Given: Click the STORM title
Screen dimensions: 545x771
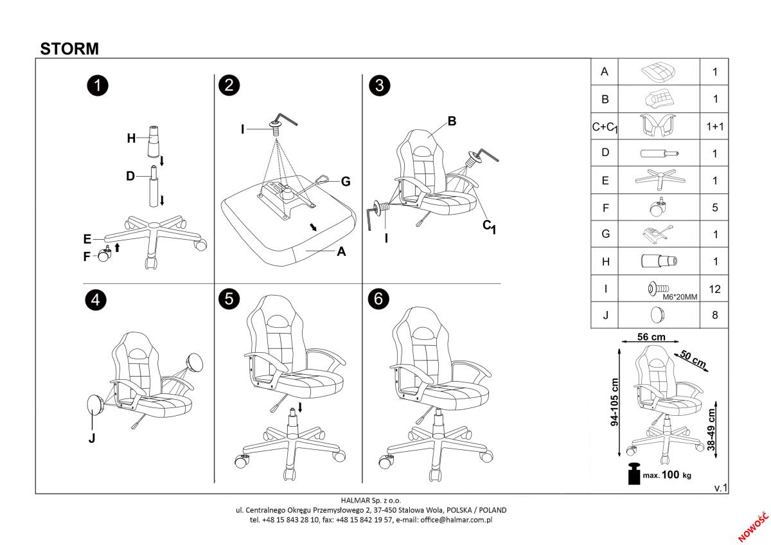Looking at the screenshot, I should tap(69, 48).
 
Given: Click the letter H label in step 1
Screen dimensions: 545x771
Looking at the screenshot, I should tap(131, 138).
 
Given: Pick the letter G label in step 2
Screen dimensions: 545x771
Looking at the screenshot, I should tap(346, 182).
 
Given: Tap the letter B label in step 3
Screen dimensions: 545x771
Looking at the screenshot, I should tap(452, 121).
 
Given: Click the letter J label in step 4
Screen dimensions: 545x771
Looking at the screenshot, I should tap(91, 438).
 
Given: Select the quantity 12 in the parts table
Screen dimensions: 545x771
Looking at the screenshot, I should tap(714, 289).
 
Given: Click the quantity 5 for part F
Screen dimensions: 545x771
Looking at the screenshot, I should tap(714, 208).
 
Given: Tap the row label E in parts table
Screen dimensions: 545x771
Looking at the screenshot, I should tap(605, 181).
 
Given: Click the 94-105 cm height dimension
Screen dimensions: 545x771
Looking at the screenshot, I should tap(614, 402).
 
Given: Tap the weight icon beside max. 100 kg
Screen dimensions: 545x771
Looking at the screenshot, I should tap(635, 474).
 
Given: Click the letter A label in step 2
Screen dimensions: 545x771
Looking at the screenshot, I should tap(342, 252).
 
